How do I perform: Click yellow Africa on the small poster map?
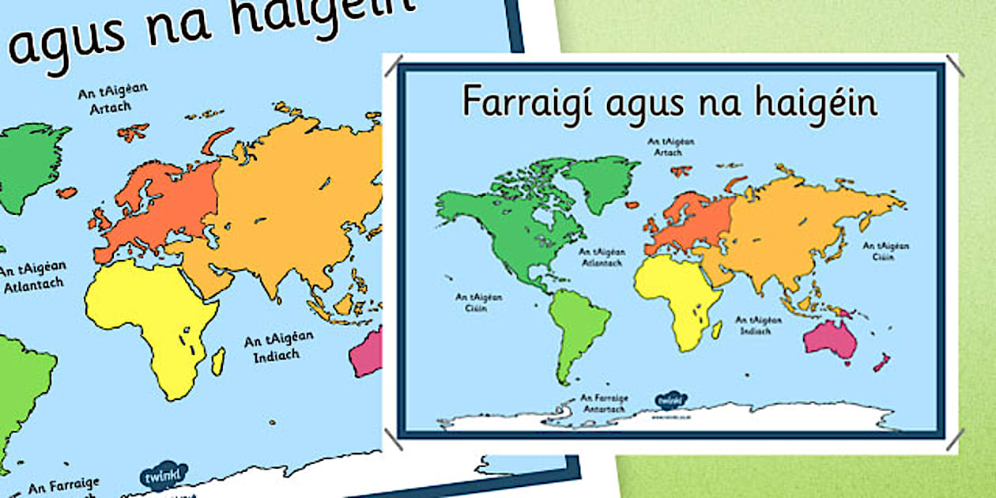pos(674,300)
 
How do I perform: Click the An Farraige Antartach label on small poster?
pos(603,403)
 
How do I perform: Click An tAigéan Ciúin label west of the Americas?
pos(471,302)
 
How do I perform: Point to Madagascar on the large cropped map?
pos(217,360)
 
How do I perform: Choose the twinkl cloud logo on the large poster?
pos(164,476)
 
